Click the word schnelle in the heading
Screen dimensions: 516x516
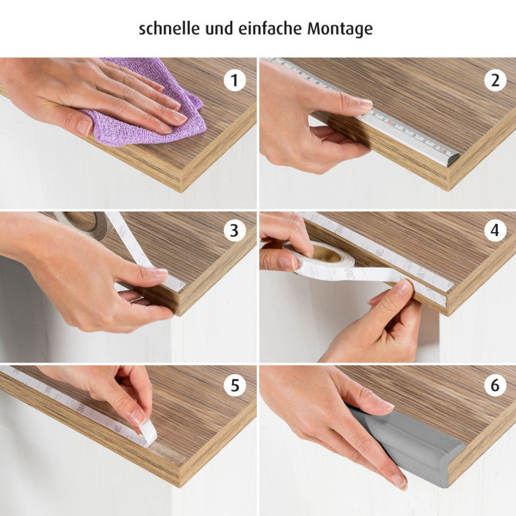coord(170,28)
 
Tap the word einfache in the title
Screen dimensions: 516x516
coord(270,28)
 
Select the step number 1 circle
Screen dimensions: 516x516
coord(235,80)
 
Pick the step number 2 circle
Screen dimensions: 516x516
coord(495,80)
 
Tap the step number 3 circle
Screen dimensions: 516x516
coord(235,230)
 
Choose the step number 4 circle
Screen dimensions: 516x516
coord(495,230)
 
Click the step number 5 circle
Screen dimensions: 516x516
coord(235,385)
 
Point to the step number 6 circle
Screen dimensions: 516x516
coord(495,385)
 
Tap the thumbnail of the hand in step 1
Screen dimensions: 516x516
coord(84,126)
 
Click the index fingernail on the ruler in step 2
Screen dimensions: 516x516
coord(365,104)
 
